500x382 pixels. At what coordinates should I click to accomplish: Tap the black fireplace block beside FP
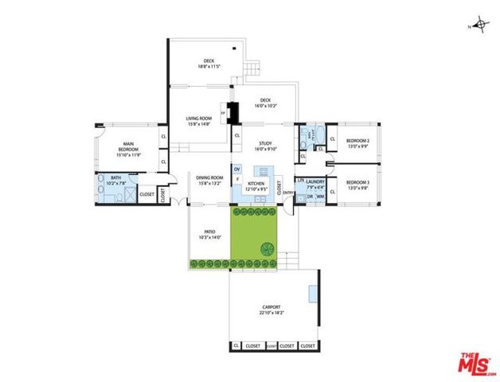coord(232,113)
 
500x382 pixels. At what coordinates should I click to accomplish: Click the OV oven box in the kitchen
coord(237,169)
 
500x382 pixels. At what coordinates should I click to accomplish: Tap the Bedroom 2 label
coord(356,143)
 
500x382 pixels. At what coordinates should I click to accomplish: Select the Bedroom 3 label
coord(356,185)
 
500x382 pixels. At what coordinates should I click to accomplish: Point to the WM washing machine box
coord(319,197)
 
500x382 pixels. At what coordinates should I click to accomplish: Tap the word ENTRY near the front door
coord(287,192)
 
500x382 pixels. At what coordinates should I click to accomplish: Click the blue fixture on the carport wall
coord(314,293)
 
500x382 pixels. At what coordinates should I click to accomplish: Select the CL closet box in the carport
coord(236,345)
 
